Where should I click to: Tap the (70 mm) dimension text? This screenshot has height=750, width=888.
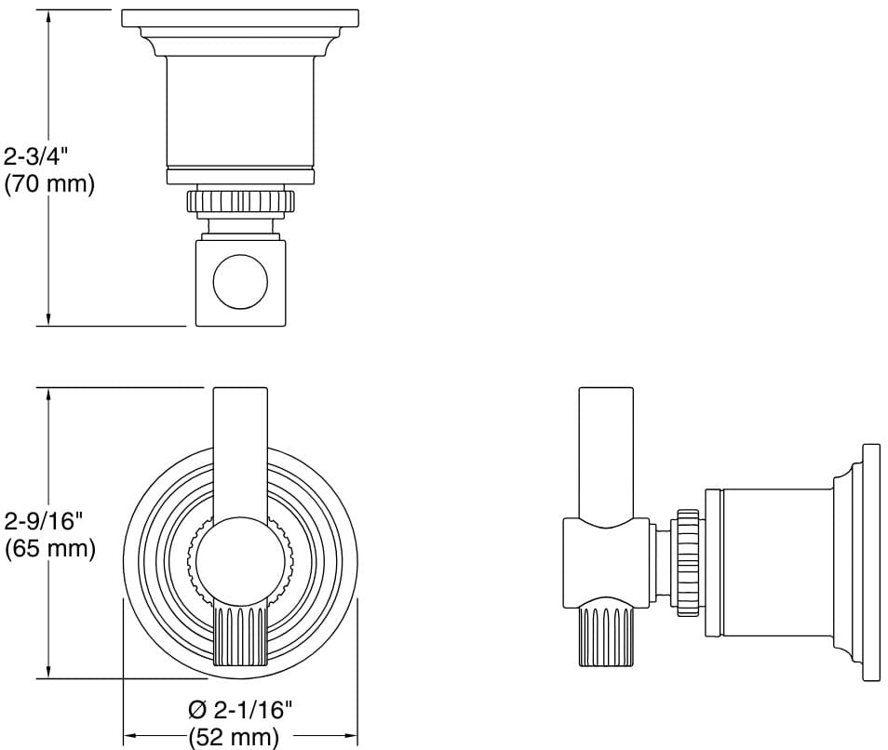tap(49, 183)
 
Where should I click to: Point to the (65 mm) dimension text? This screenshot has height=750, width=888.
tap(49, 549)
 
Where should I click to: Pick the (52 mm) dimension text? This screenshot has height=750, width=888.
tap(234, 738)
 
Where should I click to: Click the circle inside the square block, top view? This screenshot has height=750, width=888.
tap(240, 282)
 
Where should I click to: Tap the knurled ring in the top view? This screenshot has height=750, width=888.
tap(240, 201)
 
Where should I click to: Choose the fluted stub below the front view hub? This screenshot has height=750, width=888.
tap(240, 636)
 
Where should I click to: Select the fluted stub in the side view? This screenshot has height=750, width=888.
tap(606, 636)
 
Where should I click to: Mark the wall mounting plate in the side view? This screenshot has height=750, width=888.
tap(871, 562)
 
